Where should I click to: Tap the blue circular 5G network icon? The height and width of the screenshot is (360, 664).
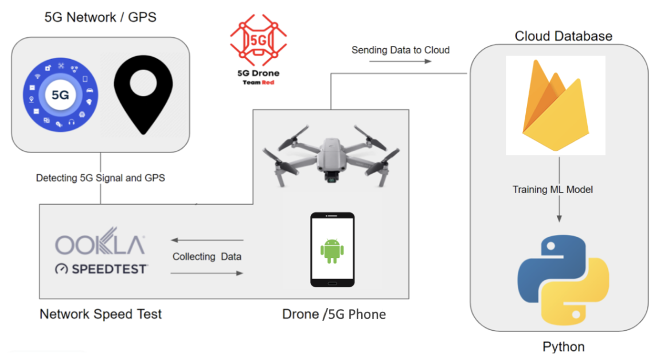(61, 95)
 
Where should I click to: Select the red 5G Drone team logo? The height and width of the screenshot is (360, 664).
(258, 49)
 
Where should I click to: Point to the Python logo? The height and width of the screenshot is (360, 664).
(563, 280)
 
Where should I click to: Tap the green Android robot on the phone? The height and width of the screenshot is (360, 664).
(332, 251)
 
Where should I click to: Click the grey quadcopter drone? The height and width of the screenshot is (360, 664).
(331, 155)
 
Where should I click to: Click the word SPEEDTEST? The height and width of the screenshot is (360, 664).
(110, 269)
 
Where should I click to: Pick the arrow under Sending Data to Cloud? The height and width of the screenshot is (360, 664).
(400, 61)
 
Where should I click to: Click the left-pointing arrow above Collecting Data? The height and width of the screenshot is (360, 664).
(207, 240)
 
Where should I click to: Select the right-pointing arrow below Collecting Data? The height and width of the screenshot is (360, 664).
(206, 273)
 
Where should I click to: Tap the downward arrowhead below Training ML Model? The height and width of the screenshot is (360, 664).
(560, 218)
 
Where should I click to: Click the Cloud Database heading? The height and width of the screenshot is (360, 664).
(563, 36)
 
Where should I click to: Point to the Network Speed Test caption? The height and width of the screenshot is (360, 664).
(100, 314)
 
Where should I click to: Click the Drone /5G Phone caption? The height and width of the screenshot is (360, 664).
(334, 314)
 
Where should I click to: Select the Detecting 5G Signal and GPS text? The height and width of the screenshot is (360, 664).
(100, 178)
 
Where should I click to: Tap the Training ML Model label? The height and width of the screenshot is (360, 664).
(553, 189)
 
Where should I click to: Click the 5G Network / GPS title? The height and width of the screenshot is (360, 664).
(100, 17)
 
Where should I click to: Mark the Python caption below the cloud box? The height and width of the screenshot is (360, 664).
(563, 347)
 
